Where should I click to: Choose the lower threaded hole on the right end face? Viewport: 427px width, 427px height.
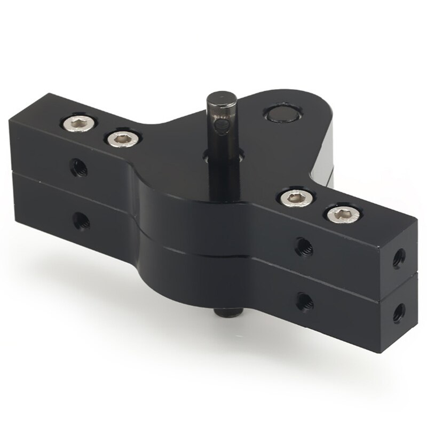(x=399, y=313)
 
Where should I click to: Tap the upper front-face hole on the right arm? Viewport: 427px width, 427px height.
(x=305, y=244)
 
